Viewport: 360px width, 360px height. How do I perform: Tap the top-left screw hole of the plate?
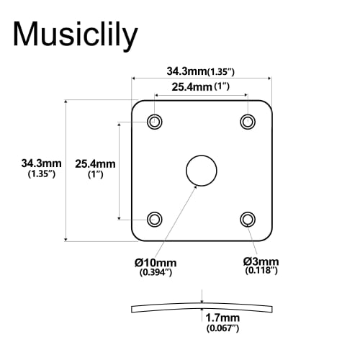pos(154,121)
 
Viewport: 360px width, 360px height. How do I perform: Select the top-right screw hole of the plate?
pos(248,121)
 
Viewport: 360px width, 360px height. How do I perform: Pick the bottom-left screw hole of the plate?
pos(154,218)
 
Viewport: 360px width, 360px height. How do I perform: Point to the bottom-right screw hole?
pos(248,218)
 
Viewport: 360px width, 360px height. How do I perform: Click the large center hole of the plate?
pos(201,171)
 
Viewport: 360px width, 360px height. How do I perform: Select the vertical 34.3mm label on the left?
pos(41,163)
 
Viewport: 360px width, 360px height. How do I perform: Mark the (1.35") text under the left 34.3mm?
pos(41,175)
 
